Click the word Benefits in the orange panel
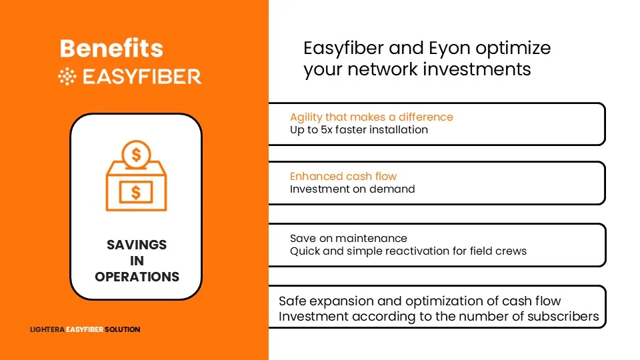coord(111,48)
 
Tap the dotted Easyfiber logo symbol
coord(67,76)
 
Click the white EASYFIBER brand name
coord(142,77)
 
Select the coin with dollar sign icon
coord(136,154)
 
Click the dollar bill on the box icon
coord(136,192)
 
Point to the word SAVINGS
coord(137,245)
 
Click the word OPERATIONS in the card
coord(137,277)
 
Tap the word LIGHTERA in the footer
coord(47,329)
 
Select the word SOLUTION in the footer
coord(123,329)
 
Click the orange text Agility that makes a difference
coord(371,117)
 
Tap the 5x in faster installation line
coord(327,130)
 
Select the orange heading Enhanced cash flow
coord(343,176)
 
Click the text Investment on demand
coord(352,189)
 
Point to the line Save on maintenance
coord(349,239)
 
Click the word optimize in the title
coord(513,49)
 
